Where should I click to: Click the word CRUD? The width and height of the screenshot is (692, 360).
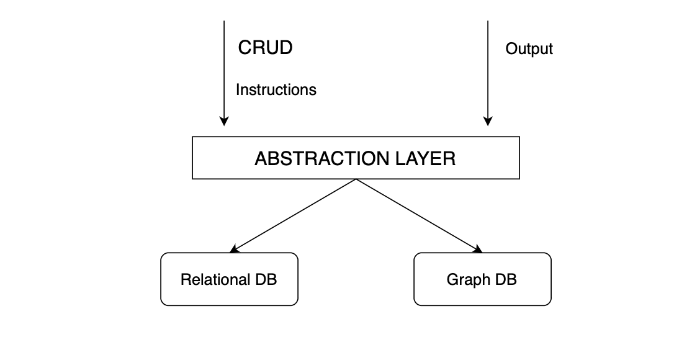pyautogui.click(x=265, y=48)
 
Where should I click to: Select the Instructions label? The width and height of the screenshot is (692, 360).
pyautogui.click(x=276, y=90)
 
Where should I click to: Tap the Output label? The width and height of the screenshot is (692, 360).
pyautogui.click(x=529, y=49)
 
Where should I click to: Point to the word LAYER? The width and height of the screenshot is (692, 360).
pyautogui.click(x=426, y=159)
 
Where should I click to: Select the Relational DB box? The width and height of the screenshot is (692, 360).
pyautogui.click(x=229, y=279)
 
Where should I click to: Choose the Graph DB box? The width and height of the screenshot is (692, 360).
pyautogui.click(x=482, y=279)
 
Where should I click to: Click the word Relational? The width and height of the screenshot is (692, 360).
pyautogui.click(x=214, y=279)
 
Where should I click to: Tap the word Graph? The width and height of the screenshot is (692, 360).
pyautogui.click(x=468, y=279)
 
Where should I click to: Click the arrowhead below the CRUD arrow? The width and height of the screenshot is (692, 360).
pyautogui.click(x=225, y=121)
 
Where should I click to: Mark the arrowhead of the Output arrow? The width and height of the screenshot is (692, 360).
pyautogui.click(x=488, y=121)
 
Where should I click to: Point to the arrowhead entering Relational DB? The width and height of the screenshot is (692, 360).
pyautogui.click(x=234, y=250)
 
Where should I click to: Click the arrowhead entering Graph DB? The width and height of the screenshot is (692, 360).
pyautogui.click(x=479, y=250)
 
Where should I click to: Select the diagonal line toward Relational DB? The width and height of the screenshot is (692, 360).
pyautogui.click(x=295, y=215)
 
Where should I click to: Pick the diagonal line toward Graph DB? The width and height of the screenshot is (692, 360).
pyautogui.click(x=417, y=215)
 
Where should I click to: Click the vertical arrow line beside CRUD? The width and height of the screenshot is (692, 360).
pyautogui.click(x=225, y=68)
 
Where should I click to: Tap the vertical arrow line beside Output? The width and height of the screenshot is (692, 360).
pyautogui.click(x=488, y=68)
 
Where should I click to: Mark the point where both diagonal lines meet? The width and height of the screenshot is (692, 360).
pyautogui.click(x=356, y=180)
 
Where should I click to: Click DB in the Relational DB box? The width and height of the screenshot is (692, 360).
pyautogui.click(x=265, y=279)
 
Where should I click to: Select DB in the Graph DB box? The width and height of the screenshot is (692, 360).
pyautogui.click(x=506, y=279)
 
